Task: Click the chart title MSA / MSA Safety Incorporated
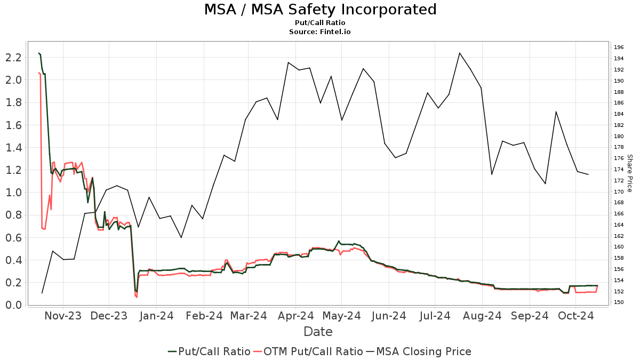(x=320, y=10)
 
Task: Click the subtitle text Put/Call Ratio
(x=320, y=23)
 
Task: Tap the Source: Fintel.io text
(x=320, y=32)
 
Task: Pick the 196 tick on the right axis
(x=619, y=47)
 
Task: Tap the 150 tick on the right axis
(x=619, y=302)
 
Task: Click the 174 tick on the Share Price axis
(x=619, y=170)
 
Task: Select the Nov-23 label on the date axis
(x=63, y=316)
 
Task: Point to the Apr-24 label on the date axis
(x=296, y=316)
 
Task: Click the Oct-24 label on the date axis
(x=576, y=316)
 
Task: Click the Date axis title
(x=318, y=332)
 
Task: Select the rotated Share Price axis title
(x=629, y=173)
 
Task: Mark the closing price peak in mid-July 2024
(x=460, y=53)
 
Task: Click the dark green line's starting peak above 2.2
(x=39, y=53)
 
